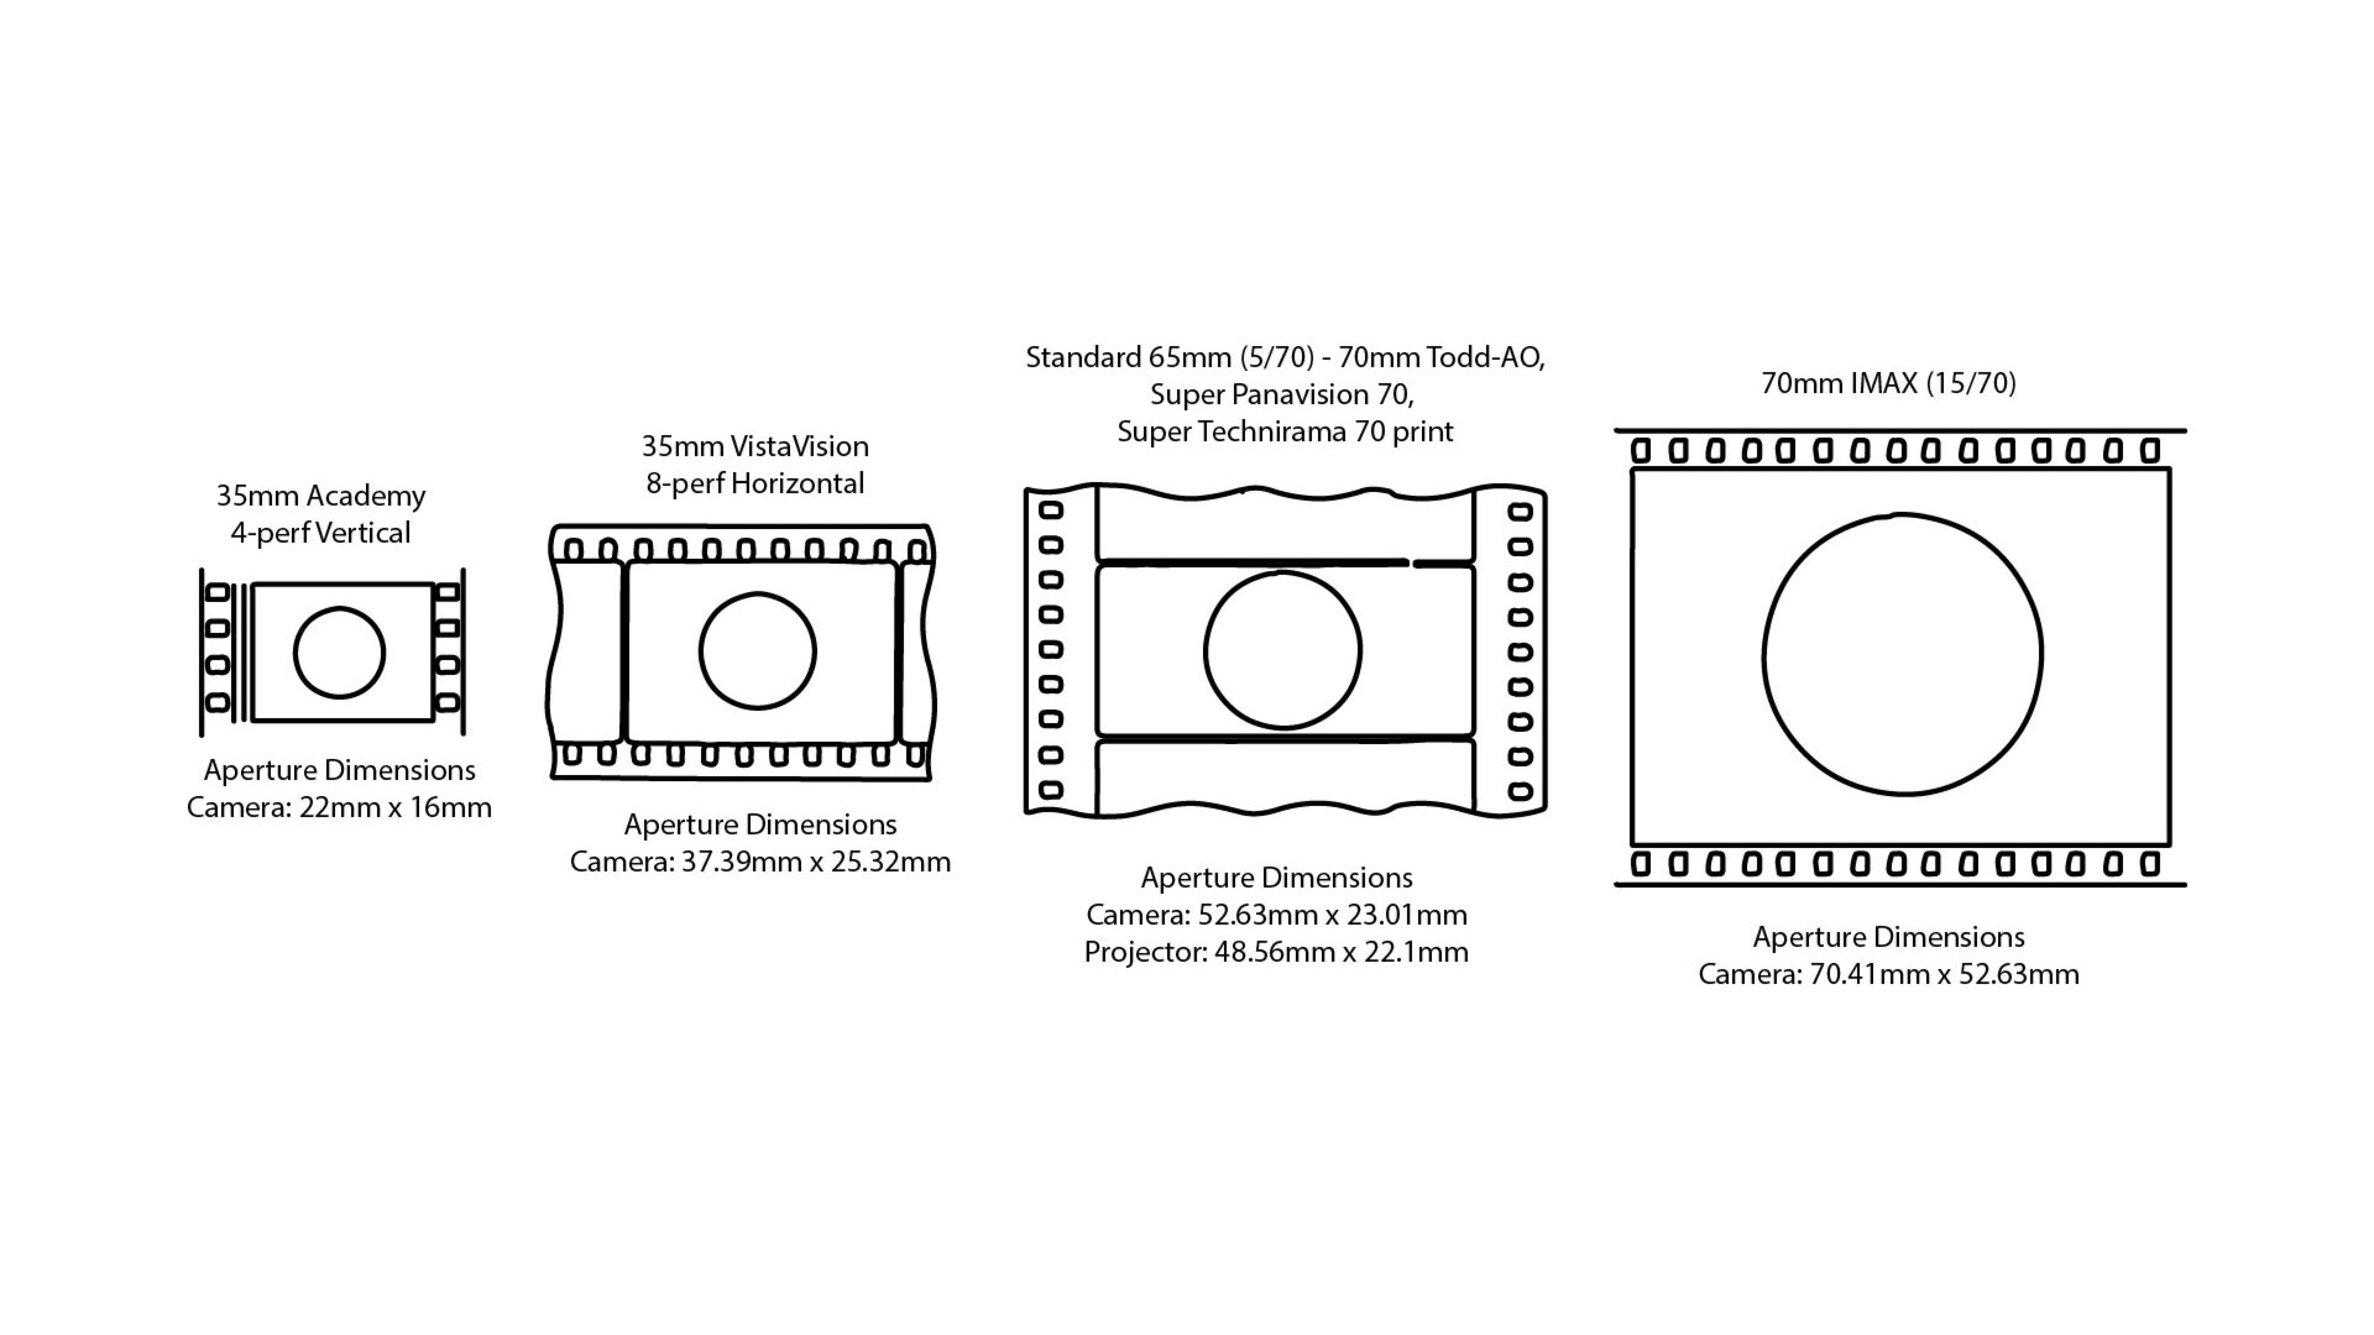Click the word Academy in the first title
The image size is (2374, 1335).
click(366, 496)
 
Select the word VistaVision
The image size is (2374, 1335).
click(799, 446)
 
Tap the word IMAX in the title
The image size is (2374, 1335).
click(1884, 383)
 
